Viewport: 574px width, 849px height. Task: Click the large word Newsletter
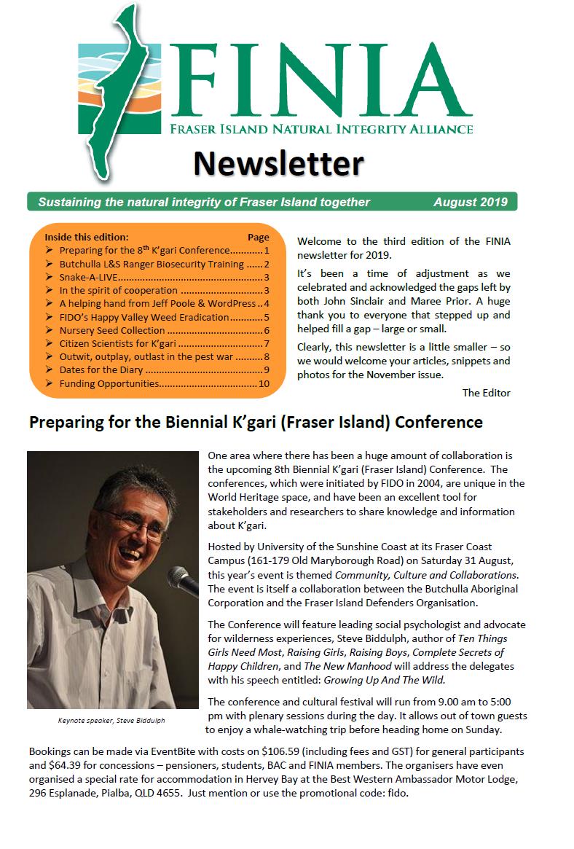point(278,163)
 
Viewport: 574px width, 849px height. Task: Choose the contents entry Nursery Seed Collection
point(113,330)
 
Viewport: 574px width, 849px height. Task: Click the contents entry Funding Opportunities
point(109,383)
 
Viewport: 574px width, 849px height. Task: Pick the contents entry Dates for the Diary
point(102,370)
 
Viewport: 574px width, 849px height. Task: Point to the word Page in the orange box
point(258,237)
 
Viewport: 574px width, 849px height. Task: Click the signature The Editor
point(486,393)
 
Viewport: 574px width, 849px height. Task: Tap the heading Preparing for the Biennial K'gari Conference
point(255,422)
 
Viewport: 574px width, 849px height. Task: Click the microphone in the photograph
point(182,582)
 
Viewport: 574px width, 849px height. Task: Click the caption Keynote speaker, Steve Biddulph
point(112,720)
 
